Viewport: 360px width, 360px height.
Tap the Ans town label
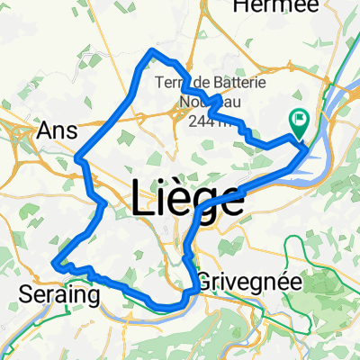click(57, 131)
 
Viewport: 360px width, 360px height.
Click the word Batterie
click(232, 84)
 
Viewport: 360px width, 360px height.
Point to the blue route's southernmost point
click(166, 304)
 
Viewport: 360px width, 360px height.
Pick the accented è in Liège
click(184, 200)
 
